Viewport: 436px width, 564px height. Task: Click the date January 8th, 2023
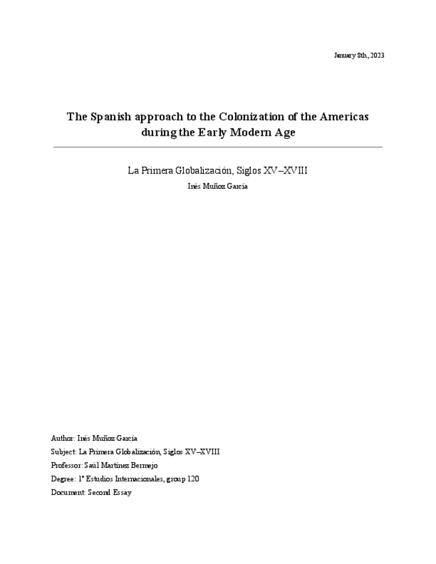coord(359,55)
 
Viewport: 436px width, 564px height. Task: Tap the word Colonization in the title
coord(250,116)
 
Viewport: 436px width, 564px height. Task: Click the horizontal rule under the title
coord(218,147)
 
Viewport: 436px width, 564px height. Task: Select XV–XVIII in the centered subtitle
coord(286,170)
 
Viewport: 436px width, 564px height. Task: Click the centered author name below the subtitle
coord(218,187)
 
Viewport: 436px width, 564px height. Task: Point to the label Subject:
coord(64,452)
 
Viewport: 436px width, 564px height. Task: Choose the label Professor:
coord(67,466)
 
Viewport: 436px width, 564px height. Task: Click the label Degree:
coord(63,479)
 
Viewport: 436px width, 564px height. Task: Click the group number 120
coord(193,479)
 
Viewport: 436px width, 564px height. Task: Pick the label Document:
coord(68,493)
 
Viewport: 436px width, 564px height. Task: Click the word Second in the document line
coord(99,493)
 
